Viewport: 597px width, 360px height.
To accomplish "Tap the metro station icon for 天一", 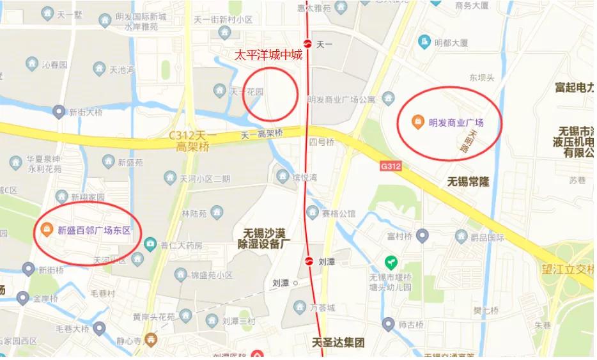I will coord(307,44).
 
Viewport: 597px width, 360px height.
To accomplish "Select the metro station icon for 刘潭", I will coord(308,261).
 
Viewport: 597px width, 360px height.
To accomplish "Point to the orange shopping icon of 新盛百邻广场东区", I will coord(46,229).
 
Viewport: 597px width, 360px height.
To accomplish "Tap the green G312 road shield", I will coord(390,166).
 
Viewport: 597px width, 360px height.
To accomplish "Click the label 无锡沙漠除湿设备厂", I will coord(264,238).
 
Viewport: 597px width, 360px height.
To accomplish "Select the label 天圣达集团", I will coord(337,342).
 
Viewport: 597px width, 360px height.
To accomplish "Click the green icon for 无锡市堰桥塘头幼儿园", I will coord(389,262).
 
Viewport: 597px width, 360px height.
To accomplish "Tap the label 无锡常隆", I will coord(469,182).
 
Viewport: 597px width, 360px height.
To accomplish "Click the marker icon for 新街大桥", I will coord(59,113).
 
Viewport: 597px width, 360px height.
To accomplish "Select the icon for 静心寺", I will coord(151,338).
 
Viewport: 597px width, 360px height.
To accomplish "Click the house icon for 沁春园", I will coord(32,64).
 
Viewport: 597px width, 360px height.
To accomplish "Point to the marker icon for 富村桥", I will coord(422,237).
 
